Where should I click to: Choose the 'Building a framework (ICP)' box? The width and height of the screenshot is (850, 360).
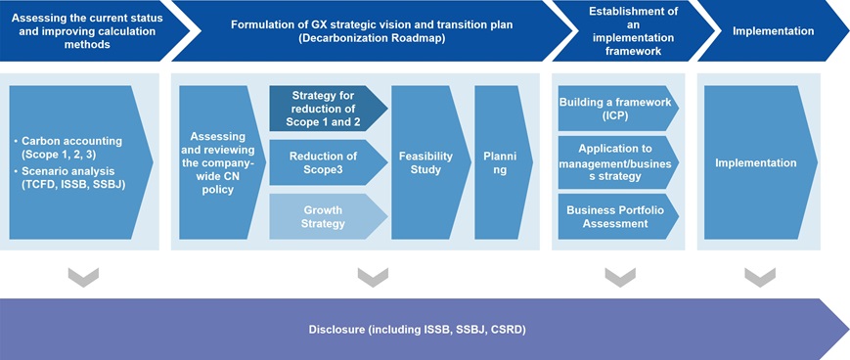point(618,108)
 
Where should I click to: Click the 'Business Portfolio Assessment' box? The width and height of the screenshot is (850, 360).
point(618,216)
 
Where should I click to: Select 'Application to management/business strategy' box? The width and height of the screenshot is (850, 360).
point(618,162)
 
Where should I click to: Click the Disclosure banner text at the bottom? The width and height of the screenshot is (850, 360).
point(417,330)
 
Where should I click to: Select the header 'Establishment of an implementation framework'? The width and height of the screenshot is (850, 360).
point(633,30)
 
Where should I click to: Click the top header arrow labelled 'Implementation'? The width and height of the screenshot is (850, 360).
point(774,30)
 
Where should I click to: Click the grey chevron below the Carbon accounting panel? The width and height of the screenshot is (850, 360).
point(83,277)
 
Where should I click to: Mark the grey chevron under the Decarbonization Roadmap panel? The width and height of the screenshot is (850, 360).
point(373,277)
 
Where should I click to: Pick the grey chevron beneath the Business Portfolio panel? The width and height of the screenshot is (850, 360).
point(620,277)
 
